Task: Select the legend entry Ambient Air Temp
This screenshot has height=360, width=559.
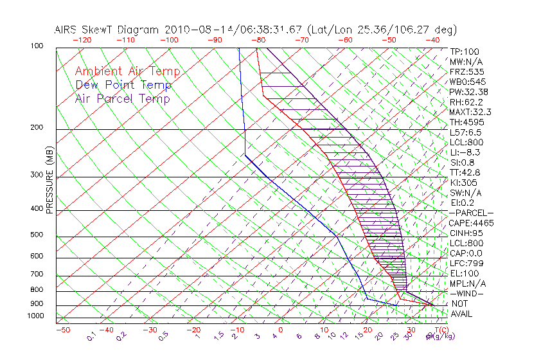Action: coord(127,72)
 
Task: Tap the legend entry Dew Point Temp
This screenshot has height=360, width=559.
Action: coord(123,85)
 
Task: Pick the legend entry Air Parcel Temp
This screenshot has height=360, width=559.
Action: coord(122,99)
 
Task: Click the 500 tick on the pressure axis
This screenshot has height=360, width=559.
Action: coord(36,235)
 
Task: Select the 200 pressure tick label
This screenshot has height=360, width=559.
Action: coord(36,128)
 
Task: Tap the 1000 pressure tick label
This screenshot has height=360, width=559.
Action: coord(35,316)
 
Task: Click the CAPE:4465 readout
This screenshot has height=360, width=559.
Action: coord(471,223)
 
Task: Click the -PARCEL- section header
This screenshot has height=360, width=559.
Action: coord(471,213)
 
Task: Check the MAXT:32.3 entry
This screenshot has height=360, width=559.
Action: coord(468,112)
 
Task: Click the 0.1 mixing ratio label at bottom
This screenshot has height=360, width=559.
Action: coord(91,336)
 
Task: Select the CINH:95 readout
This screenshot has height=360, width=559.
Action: coord(466,233)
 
